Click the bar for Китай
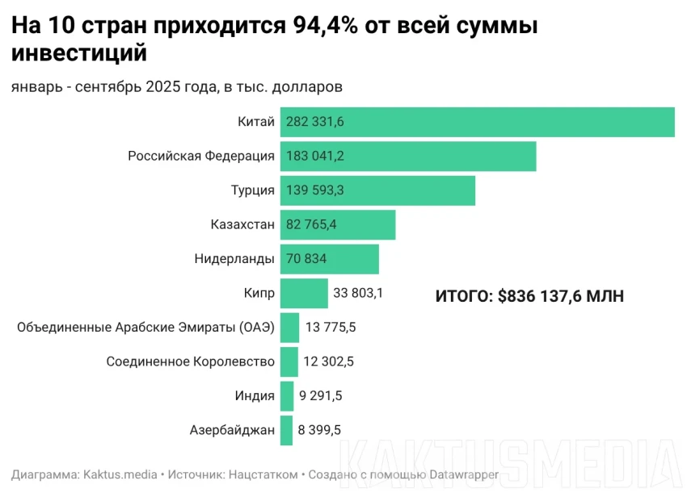[x=477, y=122]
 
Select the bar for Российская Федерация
[x=408, y=156]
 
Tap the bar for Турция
[x=377, y=190]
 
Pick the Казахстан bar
[x=338, y=224]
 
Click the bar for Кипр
[x=304, y=293]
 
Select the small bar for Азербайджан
[x=286, y=430]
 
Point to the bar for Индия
[x=287, y=396]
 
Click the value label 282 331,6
[x=315, y=122]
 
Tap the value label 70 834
[x=306, y=259]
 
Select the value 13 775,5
[x=331, y=328]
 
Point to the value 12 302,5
[x=328, y=361]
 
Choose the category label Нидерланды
[x=234, y=259]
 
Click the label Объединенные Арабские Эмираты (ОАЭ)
[x=145, y=328]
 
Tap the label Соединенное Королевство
[x=191, y=361]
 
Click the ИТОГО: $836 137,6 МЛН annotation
[x=529, y=296]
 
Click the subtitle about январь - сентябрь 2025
[x=177, y=86]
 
